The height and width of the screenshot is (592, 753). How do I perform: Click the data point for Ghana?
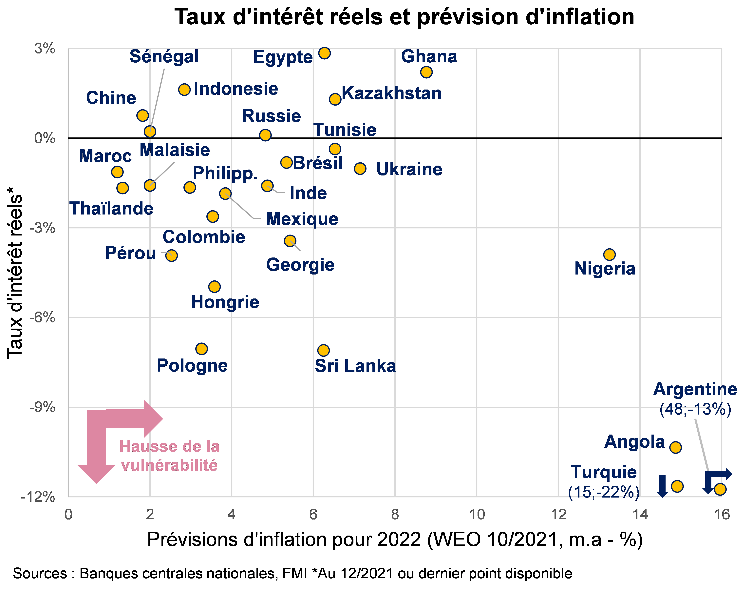[x=426, y=72]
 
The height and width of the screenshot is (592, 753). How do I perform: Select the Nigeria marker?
[x=609, y=254]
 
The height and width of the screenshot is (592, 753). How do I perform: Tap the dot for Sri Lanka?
[x=323, y=350]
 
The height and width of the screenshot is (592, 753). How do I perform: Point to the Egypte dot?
[x=324, y=53]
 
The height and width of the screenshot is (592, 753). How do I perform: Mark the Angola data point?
[x=675, y=447]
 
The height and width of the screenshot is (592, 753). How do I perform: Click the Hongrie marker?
[x=214, y=286]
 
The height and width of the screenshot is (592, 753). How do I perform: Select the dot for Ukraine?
[x=360, y=168]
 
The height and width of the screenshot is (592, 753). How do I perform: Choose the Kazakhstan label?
[x=392, y=93]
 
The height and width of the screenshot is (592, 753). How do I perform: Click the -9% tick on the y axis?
[x=42, y=407]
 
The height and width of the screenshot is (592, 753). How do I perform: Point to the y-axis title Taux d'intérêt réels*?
[x=15, y=273]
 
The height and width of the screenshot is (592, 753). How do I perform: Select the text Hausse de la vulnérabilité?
[x=169, y=456]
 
